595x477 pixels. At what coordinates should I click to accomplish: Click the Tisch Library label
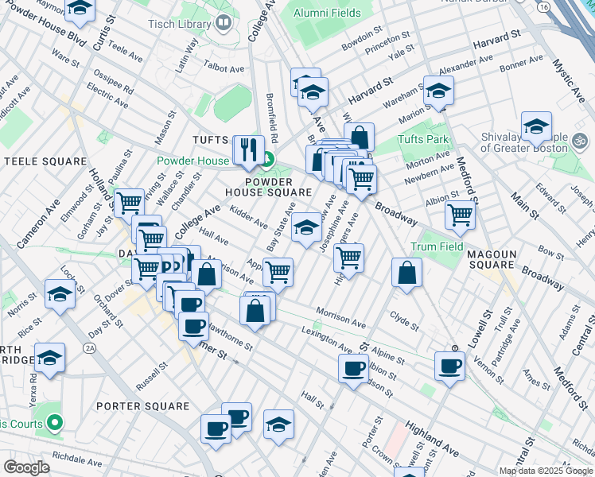coord(180,24)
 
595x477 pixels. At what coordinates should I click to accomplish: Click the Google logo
coord(26,467)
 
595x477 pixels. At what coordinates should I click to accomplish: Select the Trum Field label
coord(437,247)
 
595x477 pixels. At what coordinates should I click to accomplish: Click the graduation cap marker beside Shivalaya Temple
coord(536,126)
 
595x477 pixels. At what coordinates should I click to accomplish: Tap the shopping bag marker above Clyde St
coord(406,273)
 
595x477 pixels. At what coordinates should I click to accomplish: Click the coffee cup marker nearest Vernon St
coord(449,366)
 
